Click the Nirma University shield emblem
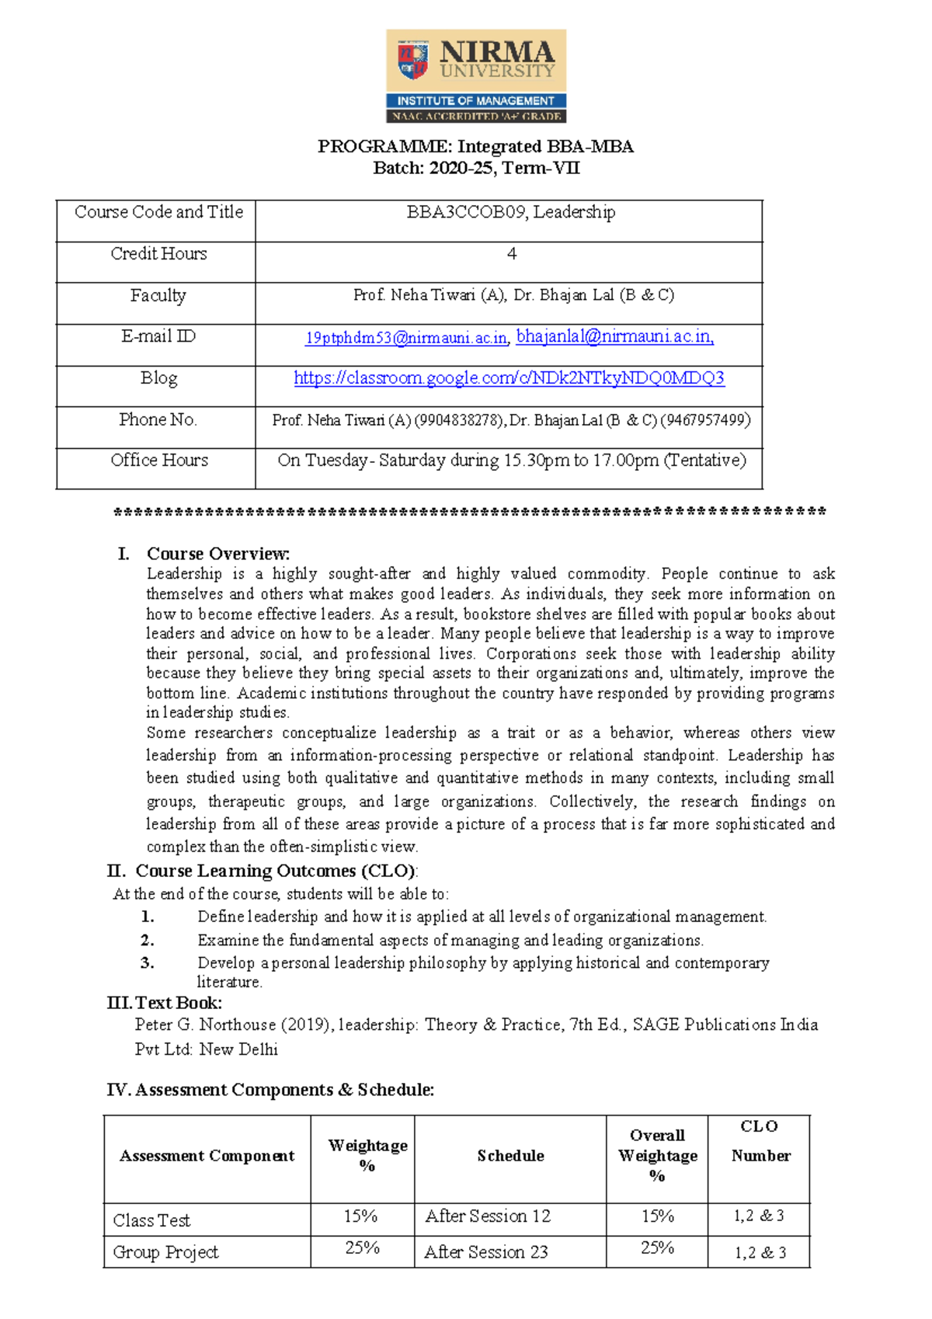click(x=413, y=61)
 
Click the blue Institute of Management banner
click(x=475, y=101)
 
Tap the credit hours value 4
click(x=511, y=254)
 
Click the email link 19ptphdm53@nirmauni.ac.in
click(x=406, y=338)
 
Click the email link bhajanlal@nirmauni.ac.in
click(x=614, y=336)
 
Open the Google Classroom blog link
click(x=509, y=378)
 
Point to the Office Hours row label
click(x=159, y=461)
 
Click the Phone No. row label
click(x=158, y=419)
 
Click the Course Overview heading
click(x=217, y=554)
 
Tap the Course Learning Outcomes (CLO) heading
click(x=276, y=871)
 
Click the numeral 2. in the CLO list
click(x=148, y=940)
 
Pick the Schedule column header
click(x=510, y=1156)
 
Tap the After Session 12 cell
click(x=488, y=1216)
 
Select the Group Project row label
click(x=165, y=1252)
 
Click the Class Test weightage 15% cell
click(x=361, y=1216)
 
